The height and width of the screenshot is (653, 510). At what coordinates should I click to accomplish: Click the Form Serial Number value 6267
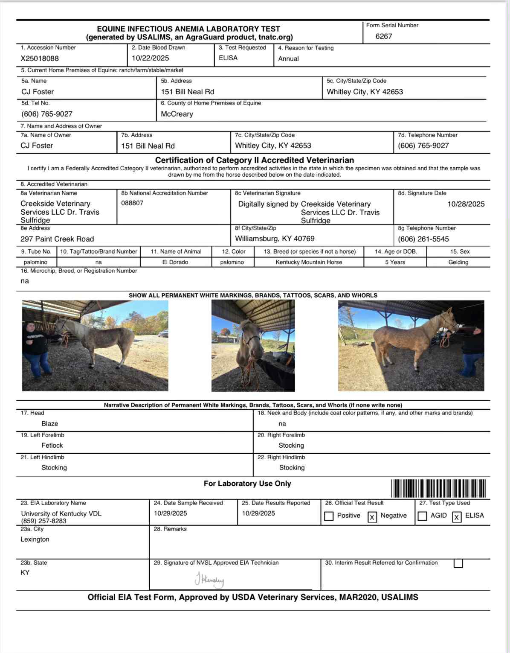(x=384, y=36)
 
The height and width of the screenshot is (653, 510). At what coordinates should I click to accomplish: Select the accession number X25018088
(x=40, y=58)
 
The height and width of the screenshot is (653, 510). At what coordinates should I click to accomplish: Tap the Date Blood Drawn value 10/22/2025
(x=150, y=58)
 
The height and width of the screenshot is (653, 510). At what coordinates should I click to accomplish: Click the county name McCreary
(x=177, y=114)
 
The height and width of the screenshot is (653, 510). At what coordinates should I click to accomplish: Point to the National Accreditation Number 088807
(x=132, y=203)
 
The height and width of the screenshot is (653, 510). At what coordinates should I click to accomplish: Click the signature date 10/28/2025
(x=466, y=204)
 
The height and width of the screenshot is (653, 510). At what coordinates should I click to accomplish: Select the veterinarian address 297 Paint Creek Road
(x=57, y=239)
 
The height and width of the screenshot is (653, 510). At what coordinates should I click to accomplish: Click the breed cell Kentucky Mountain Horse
(x=309, y=262)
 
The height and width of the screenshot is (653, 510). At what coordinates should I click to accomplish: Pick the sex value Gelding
(x=458, y=262)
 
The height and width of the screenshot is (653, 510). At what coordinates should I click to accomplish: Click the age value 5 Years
(x=395, y=262)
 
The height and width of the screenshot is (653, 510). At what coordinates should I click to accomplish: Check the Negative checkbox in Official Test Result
(x=372, y=517)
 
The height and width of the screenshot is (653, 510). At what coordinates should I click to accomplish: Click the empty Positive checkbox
(x=329, y=516)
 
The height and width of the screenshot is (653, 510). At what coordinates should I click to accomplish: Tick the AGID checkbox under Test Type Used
(x=422, y=516)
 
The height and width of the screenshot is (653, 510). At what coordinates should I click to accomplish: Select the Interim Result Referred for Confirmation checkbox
(x=458, y=563)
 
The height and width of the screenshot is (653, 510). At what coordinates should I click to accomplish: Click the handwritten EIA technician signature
(x=209, y=580)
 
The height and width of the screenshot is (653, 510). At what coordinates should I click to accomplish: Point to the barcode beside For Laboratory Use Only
(x=438, y=488)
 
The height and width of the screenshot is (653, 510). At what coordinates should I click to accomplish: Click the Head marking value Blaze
(x=50, y=424)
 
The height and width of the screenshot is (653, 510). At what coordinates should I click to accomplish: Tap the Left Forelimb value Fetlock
(x=52, y=446)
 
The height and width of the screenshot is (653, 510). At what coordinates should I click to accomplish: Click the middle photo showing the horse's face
(x=253, y=345)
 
